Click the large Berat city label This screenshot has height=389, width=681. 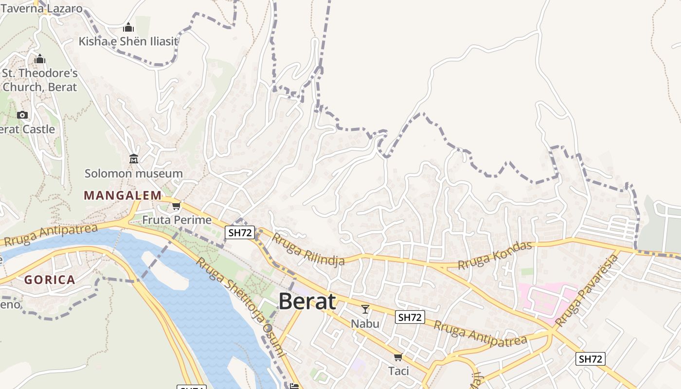[307, 301]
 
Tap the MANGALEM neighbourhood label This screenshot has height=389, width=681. [123, 195]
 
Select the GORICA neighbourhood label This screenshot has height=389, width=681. [50, 280]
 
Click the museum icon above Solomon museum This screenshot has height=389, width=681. [134, 159]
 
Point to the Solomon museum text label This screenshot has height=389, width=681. [134, 174]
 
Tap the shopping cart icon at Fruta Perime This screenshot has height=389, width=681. [176, 206]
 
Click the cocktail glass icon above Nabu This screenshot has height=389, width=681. [365, 309]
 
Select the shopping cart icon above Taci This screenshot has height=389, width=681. [398, 357]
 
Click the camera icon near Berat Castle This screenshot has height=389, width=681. [22, 115]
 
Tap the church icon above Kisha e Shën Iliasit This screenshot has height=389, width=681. [128, 27]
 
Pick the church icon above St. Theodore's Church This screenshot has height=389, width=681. [40, 59]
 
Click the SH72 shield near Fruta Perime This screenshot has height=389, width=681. [240, 232]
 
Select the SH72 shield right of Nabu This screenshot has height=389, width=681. [410, 318]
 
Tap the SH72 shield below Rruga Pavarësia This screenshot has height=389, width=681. [591, 359]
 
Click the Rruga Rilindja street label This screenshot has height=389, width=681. [308, 249]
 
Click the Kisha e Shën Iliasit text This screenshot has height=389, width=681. [128, 41]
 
